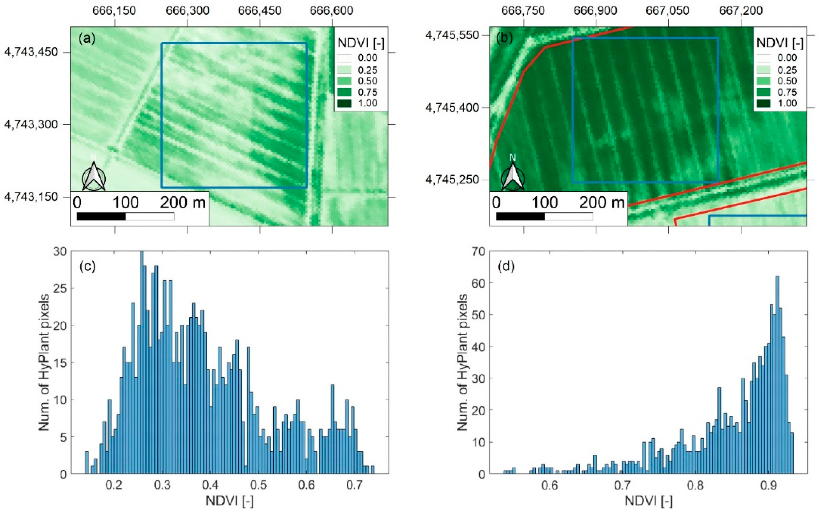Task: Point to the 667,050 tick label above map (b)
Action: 667,11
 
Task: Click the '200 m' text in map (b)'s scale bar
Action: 601,203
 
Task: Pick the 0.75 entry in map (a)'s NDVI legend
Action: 367,92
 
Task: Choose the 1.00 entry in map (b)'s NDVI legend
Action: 787,103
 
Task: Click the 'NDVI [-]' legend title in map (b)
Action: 780,44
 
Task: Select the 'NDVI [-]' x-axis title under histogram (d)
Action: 648,501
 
